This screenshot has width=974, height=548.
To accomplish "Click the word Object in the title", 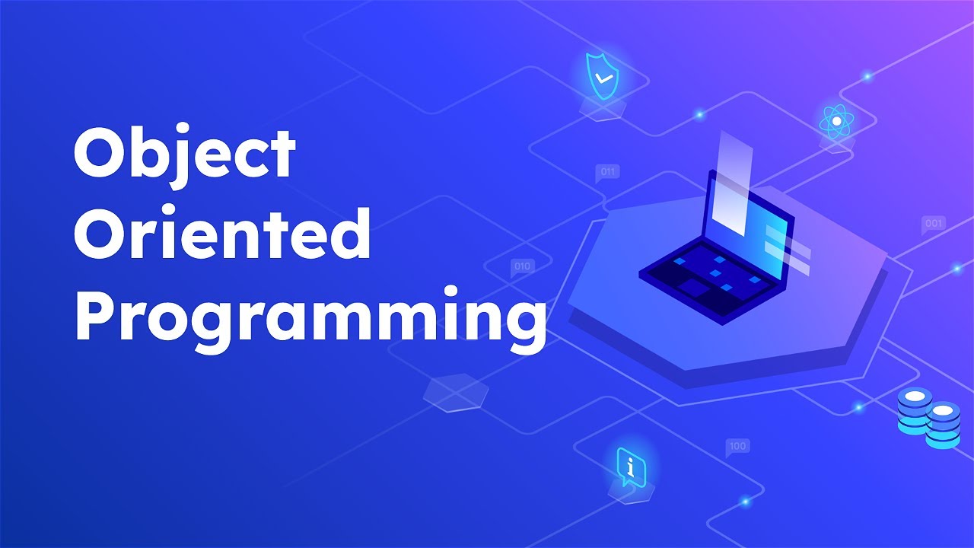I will pyautogui.click(x=184, y=155).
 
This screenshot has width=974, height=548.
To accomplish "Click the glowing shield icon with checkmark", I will pyautogui.click(x=602, y=77).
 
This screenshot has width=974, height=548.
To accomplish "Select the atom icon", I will pyautogui.click(x=836, y=120).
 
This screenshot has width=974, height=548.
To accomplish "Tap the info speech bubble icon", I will pyautogui.click(x=630, y=464).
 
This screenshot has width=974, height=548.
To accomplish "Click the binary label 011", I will pyautogui.click(x=607, y=172).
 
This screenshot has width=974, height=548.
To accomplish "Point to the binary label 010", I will pyautogui.click(x=522, y=266).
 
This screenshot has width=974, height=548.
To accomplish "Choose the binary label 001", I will pyautogui.click(x=934, y=224).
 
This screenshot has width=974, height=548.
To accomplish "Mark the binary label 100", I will pyautogui.click(x=737, y=446).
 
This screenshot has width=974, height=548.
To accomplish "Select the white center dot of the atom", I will pyautogui.click(x=836, y=120).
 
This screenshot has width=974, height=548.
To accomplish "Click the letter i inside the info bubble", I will pyautogui.click(x=629, y=462).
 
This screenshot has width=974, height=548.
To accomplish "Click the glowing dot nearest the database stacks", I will pyautogui.click(x=858, y=407).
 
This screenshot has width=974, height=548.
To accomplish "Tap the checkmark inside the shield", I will pyautogui.click(x=603, y=78).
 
